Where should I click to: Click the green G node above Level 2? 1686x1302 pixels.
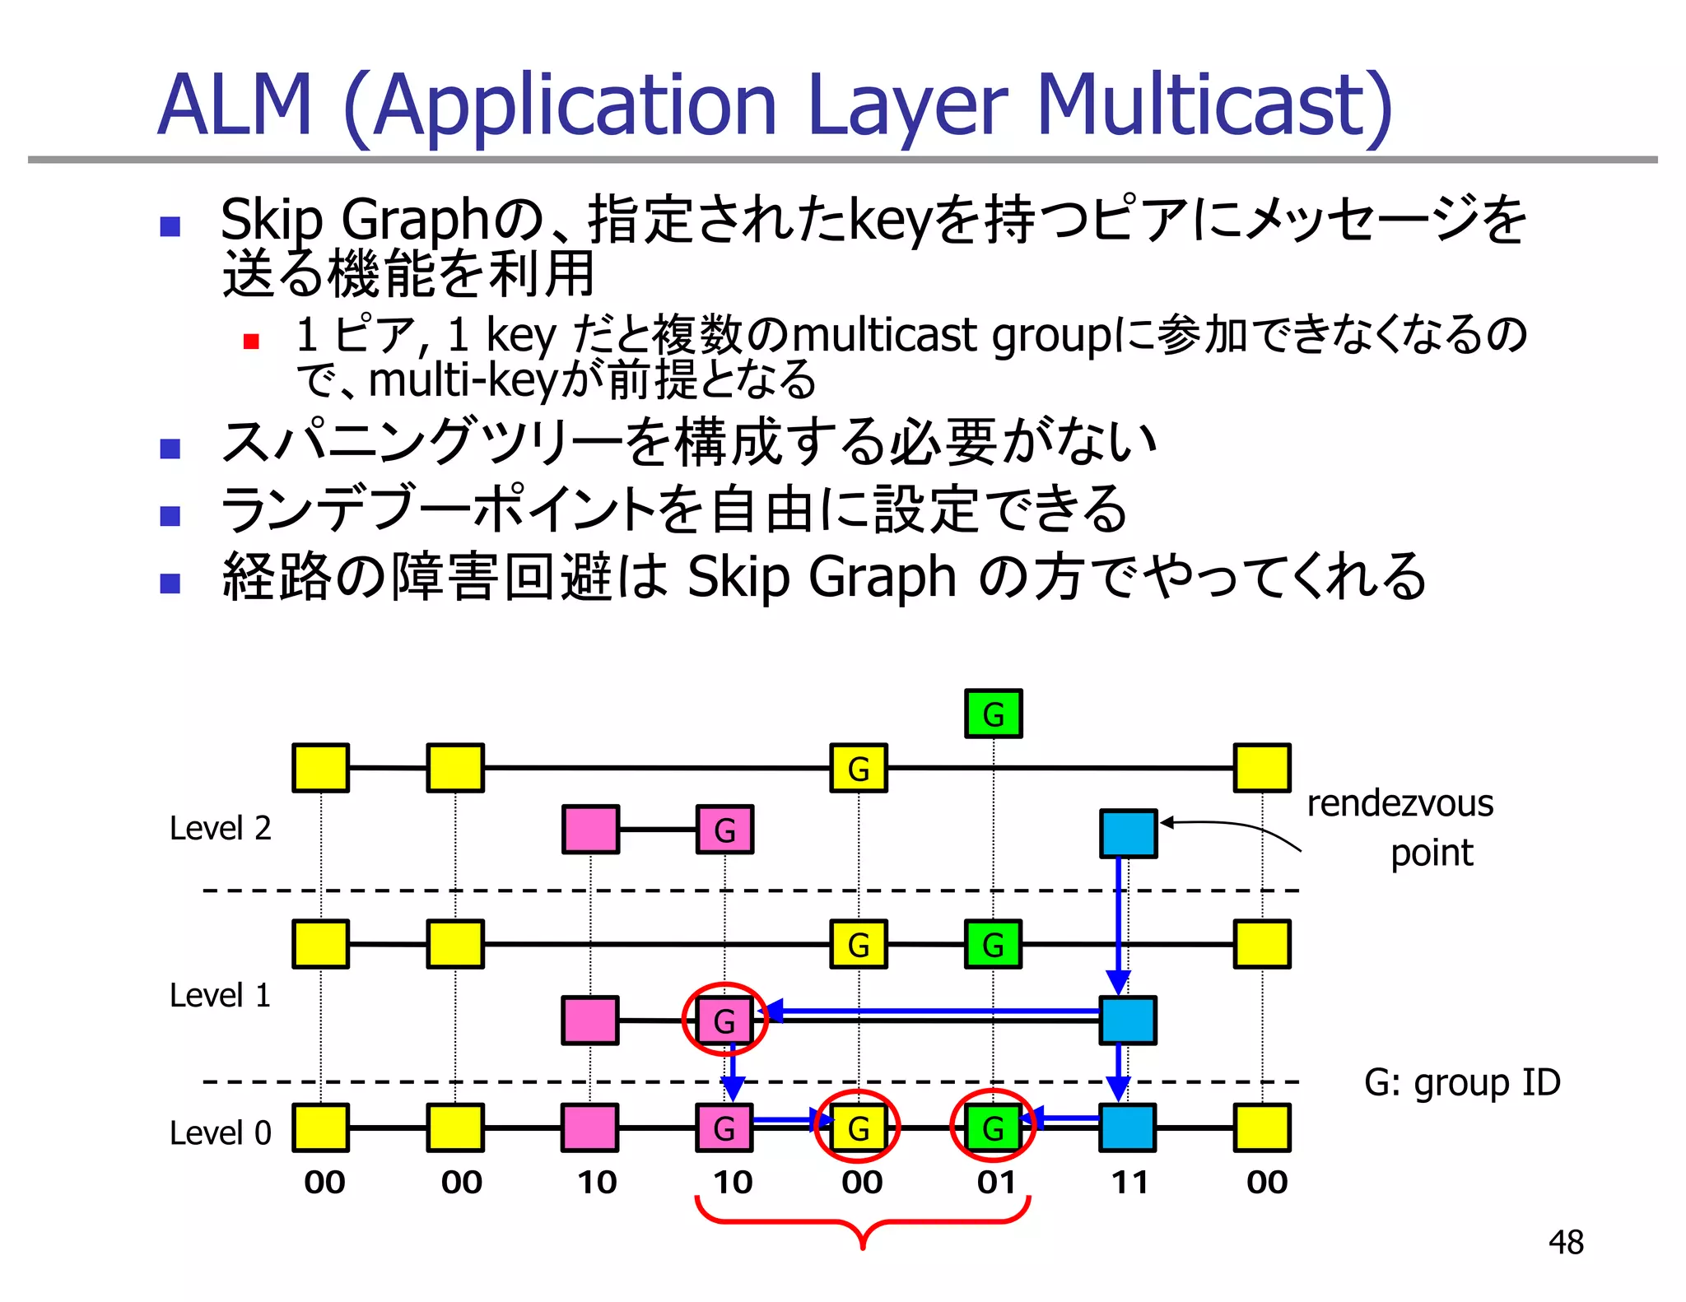(993, 714)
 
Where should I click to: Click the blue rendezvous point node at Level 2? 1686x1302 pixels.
(1128, 833)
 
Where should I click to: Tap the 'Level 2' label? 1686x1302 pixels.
(220, 828)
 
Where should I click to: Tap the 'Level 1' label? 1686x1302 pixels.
(220, 996)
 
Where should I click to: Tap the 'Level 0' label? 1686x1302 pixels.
(220, 1133)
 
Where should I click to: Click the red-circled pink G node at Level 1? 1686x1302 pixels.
(724, 1021)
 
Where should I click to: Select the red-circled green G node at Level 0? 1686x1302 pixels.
(993, 1128)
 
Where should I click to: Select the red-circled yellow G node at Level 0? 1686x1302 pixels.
(858, 1128)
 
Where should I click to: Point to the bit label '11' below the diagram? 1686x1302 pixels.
(1129, 1183)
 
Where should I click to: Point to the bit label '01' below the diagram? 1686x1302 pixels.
(996, 1183)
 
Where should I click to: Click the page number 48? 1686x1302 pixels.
(1565, 1242)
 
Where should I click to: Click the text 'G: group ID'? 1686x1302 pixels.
(1462, 1082)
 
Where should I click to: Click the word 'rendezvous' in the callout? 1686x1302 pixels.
(1400, 803)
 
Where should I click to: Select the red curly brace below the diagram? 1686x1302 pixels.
(862, 1222)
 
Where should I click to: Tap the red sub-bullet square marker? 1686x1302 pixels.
(252, 341)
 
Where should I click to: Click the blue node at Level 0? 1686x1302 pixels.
(1128, 1128)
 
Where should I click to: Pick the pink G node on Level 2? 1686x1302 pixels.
(724, 830)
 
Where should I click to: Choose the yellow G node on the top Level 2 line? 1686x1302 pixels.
(858, 768)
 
